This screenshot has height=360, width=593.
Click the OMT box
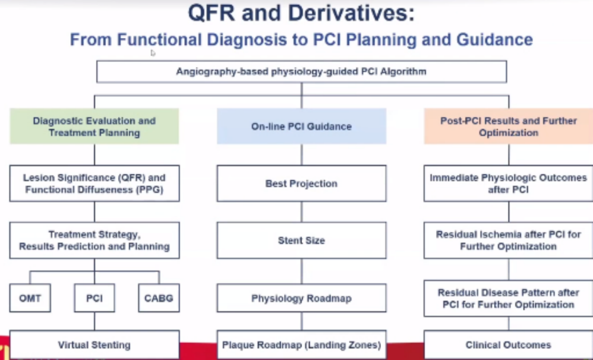point(30,298)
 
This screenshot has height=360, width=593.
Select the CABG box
point(159,298)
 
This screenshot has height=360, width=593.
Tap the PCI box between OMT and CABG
point(94,298)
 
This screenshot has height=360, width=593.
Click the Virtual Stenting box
point(94,345)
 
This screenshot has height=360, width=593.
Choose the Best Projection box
point(301,183)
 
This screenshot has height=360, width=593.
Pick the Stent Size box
point(301,240)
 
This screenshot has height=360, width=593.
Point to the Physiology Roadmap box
point(301,298)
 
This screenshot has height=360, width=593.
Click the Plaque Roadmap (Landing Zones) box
point(301,345)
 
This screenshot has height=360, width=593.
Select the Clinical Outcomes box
point(508,345)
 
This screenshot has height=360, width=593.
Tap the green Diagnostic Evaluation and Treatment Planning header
point(94,126)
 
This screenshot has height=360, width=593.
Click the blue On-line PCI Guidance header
point(301,126)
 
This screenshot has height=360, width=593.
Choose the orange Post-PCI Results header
point(508,126)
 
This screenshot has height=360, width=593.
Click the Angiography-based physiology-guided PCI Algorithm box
point(301,71)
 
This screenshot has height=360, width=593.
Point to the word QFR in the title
point(212,14)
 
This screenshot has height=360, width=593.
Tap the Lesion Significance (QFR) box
point(94,183)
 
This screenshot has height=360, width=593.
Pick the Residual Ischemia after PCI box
point(508,240)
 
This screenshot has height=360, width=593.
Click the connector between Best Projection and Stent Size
point(301,212)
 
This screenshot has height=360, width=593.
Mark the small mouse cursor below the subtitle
point(153,53)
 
